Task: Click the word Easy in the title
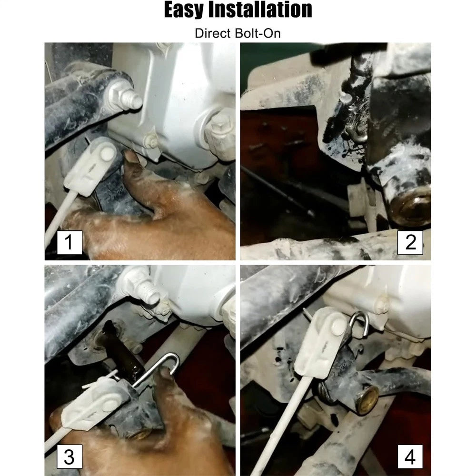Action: (x=184, y=10)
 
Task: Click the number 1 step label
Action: (x=69, y=242)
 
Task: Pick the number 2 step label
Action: (x=410, y=242)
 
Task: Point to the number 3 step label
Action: (x=69, y=456)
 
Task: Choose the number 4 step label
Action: (x=410, y=456)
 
